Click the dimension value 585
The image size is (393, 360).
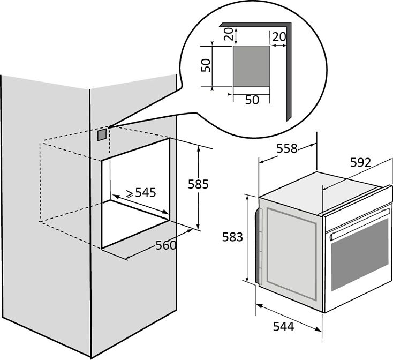pyautogui.click(x=198, y=184)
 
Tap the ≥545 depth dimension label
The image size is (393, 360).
pyautogui.click(x=141, y=192)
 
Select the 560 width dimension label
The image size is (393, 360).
pyautogui.click(x=166, y=246)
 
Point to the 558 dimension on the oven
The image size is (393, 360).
pyautogui.click(x=287, y=149)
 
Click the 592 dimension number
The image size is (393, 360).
pyautogui.click(x=360, y=163)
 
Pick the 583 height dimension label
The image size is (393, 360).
pyautogui.click(x=232, y=237)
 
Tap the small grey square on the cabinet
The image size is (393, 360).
pyautogui.click(x=101, y=134)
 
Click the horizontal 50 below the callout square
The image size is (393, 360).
pyautogui.click(x=252, y=100)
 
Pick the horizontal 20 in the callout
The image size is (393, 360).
pyautogui.click(x=278, y=36)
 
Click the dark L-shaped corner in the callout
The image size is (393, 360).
pyautogui.click(x=289, y=70)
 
